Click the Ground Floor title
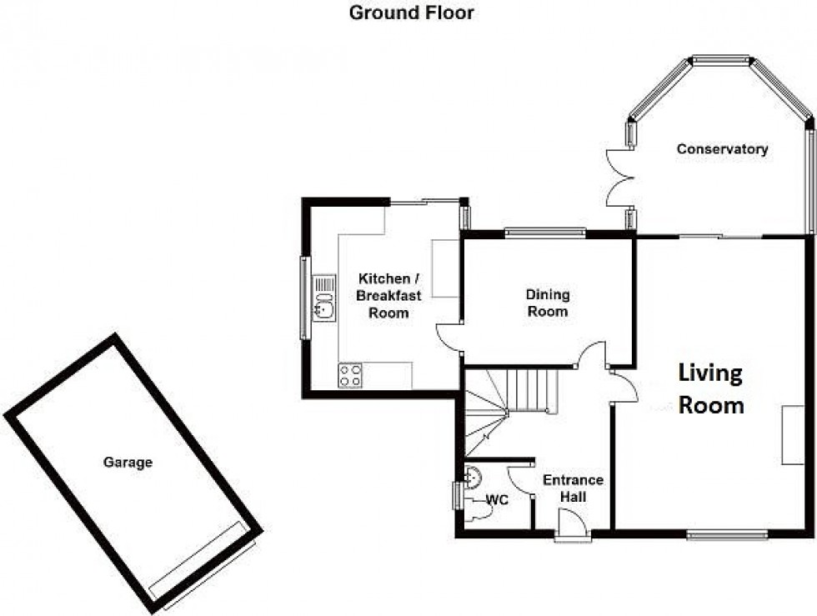[411, 13]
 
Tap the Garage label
[128, 462]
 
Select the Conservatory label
[722, 149]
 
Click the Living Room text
[710, 388]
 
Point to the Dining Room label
[547, 303]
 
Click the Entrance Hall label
[573, 488]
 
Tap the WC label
[499, 500]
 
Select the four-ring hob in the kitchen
[350, 376]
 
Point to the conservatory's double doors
[618, 178]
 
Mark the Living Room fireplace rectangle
[790, 434]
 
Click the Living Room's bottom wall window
[716, 534]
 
